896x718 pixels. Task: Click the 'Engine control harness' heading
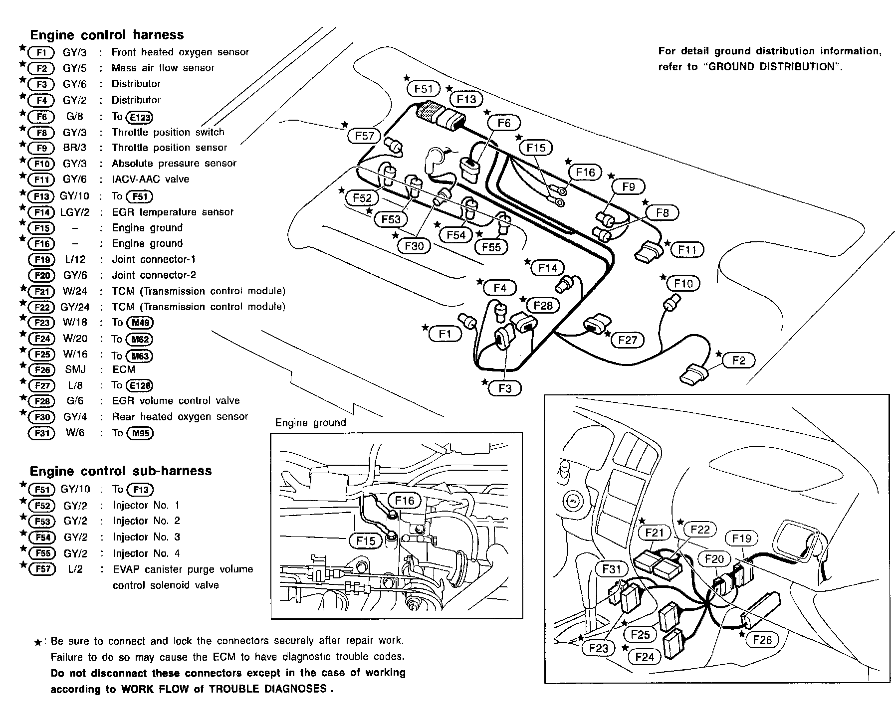[107, 35]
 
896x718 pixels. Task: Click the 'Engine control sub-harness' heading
[121, 471]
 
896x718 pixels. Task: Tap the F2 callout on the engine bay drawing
[738, 360]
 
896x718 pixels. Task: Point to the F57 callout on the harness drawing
[364, 136]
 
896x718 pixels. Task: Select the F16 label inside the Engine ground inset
[405, 501]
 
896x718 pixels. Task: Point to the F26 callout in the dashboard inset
[762, 640]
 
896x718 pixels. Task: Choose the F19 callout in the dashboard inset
[742, 538]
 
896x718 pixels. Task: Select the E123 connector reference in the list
[140, 118]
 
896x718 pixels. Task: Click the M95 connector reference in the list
[140, 433]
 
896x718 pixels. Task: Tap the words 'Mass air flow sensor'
[163, 68]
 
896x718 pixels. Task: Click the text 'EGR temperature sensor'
[173, 212]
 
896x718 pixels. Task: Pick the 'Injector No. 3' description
[146, 537]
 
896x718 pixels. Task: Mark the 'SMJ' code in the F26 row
[75, 369]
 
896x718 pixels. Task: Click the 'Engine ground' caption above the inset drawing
[310, 423]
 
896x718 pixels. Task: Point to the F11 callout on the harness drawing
[687, 249]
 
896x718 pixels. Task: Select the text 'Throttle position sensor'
[169, 148]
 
